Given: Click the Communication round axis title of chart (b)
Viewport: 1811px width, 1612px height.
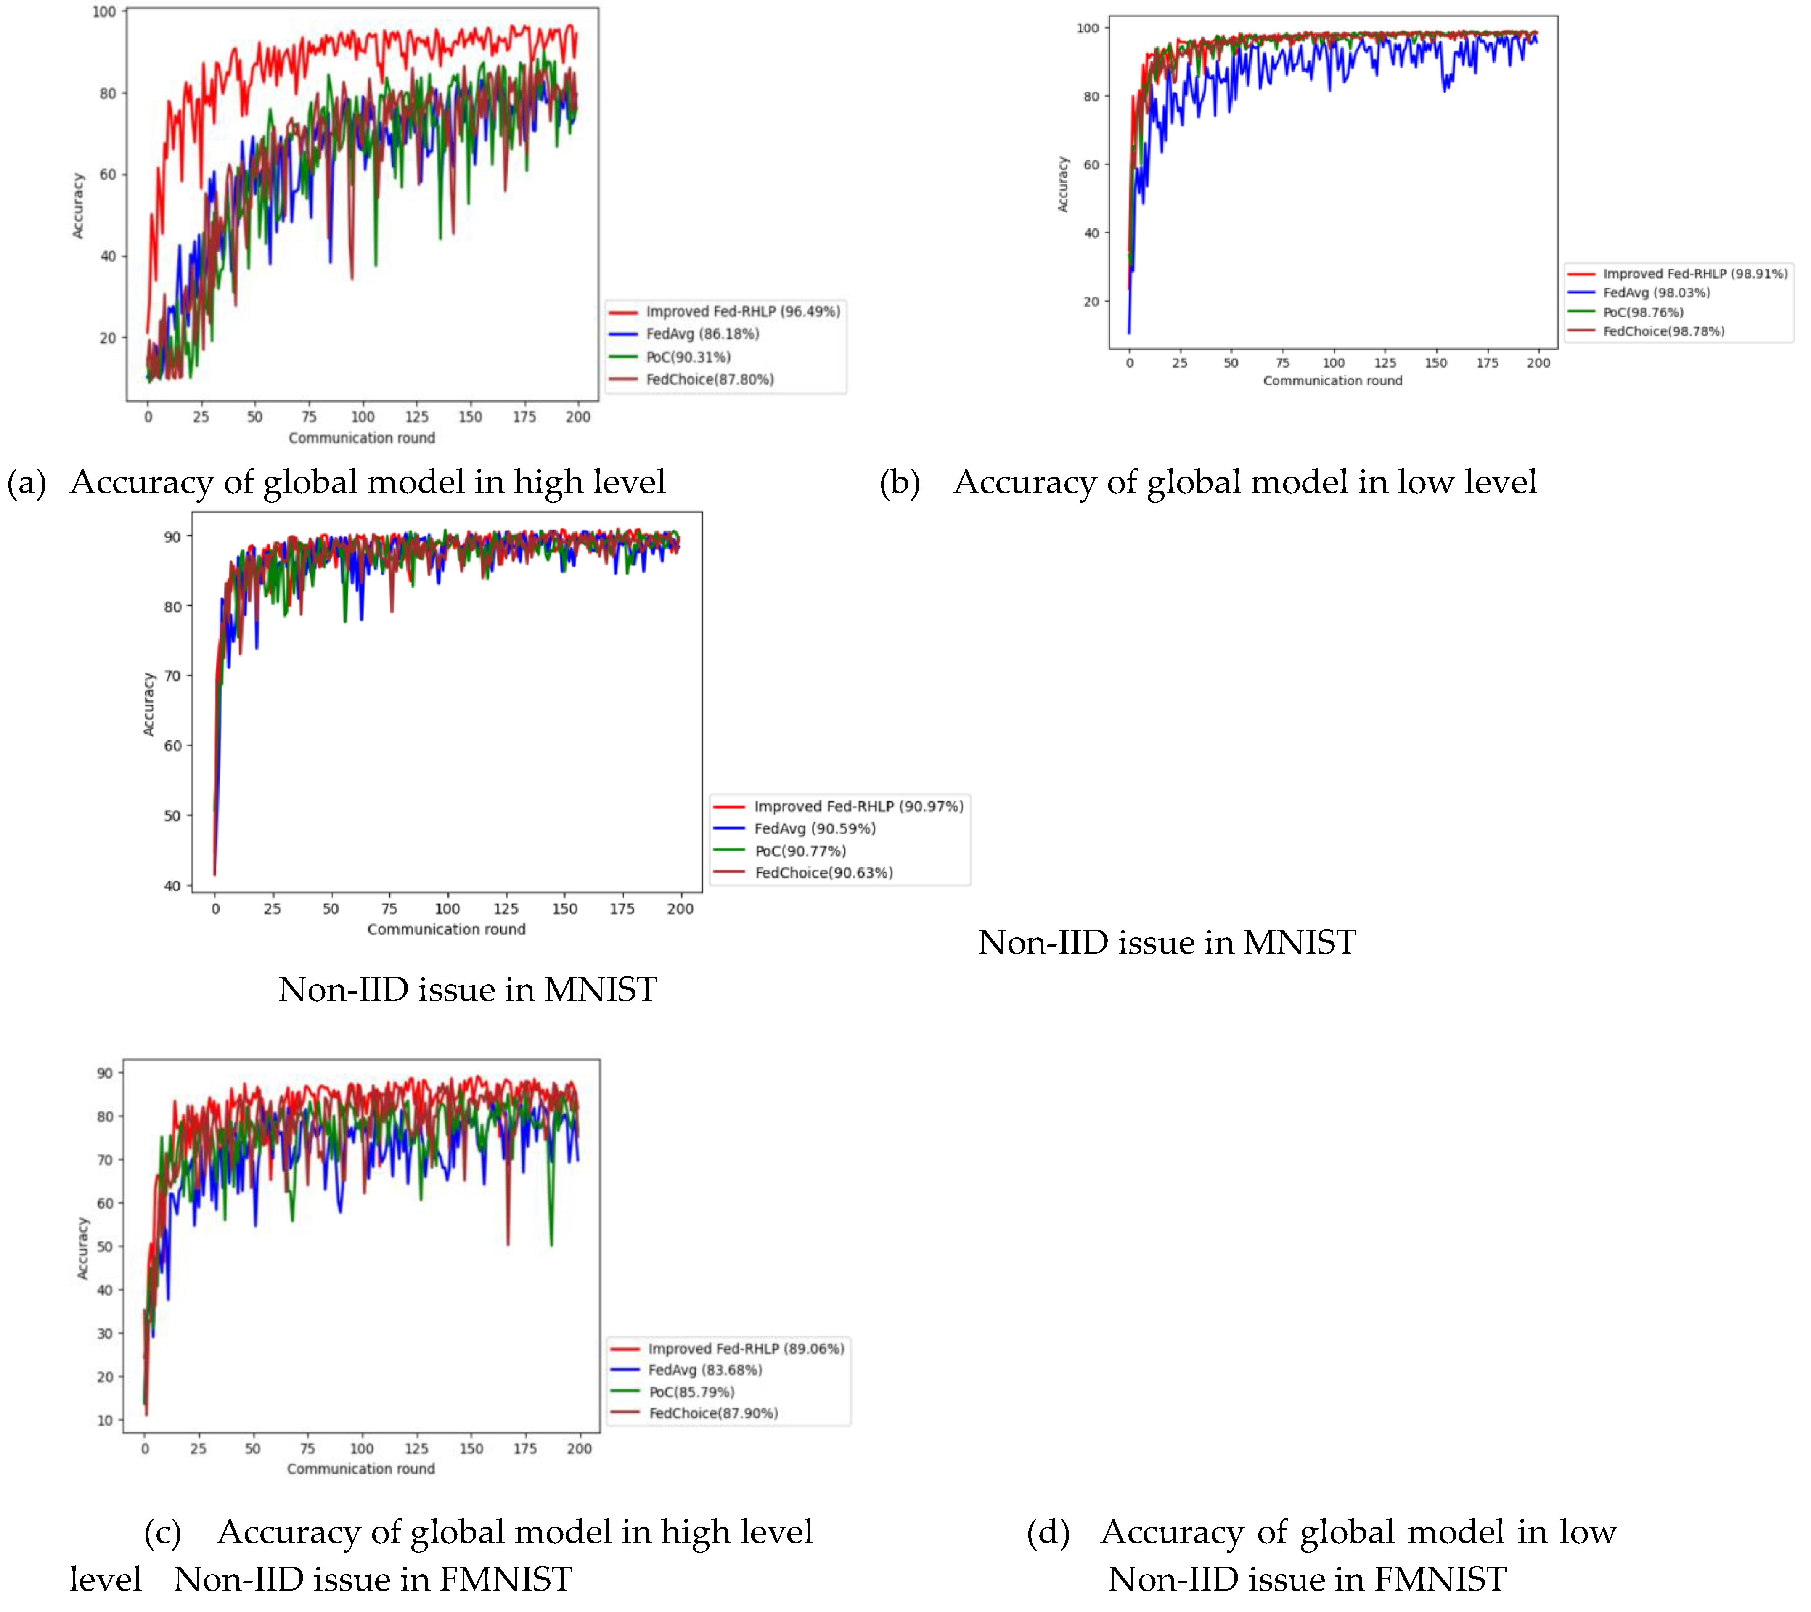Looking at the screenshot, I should [1332, 381].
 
